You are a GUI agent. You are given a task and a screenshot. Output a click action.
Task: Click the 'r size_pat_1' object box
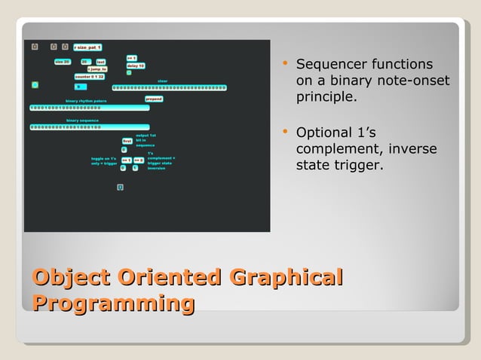(x=87, y=47)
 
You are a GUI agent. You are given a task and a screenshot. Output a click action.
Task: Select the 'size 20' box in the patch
(x=62, y=62)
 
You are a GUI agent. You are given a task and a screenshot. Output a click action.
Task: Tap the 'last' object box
(x=100, y=62)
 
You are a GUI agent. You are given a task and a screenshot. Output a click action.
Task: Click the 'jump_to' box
(x=97, y=69)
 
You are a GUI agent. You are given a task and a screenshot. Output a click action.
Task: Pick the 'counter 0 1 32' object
(x=90, y=76)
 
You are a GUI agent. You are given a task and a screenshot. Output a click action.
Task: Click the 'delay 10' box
(x=135, y=66)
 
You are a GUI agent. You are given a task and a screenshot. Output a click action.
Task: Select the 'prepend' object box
(x=153, y=99)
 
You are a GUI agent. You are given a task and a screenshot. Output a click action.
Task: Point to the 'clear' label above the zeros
(x=162, y=81)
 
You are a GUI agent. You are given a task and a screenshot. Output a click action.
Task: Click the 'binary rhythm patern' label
(x=86, y=101)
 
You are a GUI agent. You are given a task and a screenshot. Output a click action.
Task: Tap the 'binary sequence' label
(x=82, y=121)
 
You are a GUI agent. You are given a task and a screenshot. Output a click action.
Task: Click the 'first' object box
(x=127, y=140)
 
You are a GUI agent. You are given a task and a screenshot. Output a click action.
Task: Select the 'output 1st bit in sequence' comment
(x=145, y=140)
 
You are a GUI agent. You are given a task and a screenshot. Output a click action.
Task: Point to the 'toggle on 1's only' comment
(x=104, y=160)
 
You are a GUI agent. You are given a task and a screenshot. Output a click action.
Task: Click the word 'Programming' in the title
(x=113, y=304)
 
